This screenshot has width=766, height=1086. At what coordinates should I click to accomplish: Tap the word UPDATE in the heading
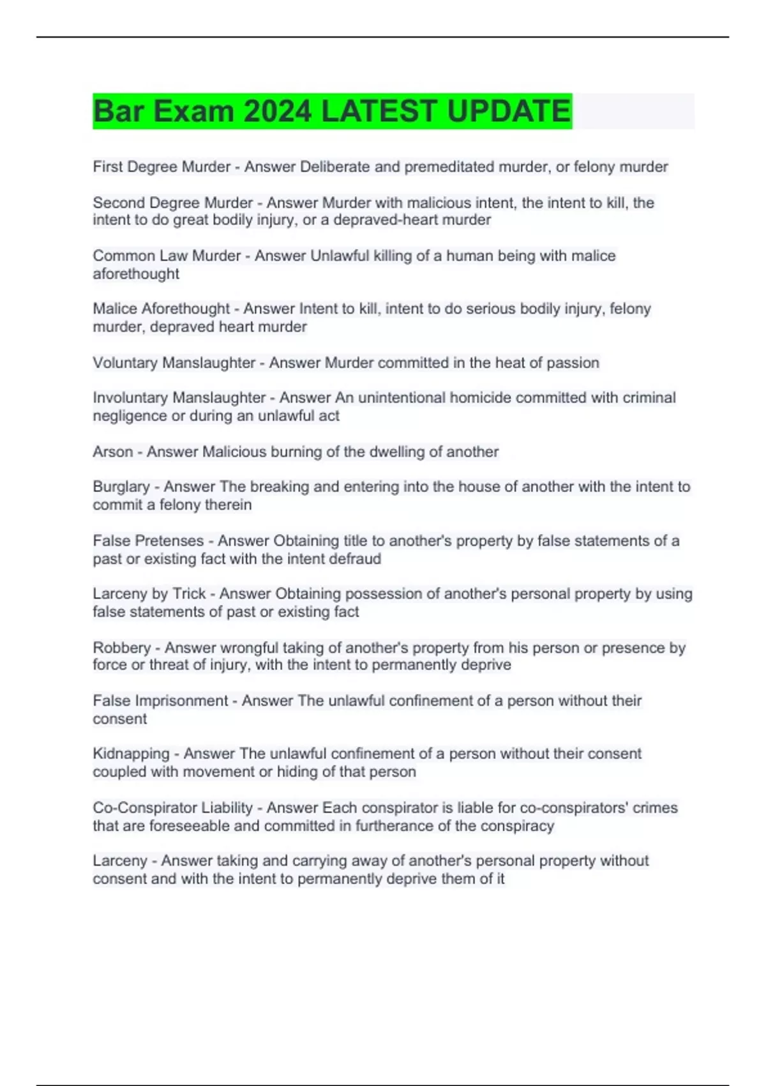(508, 111)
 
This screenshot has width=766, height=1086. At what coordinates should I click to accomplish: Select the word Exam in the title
(194, 111)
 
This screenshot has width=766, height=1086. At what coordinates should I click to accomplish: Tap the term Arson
(113, 452)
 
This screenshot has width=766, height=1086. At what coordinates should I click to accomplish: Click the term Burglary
(121, 487)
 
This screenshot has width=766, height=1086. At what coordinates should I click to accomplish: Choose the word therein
(229, 505)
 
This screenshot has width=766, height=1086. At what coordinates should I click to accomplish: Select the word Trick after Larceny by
(189, 593)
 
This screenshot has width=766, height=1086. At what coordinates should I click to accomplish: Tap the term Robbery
(122, 648)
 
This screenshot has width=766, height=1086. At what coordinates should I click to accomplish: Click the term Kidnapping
(131, 754)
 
